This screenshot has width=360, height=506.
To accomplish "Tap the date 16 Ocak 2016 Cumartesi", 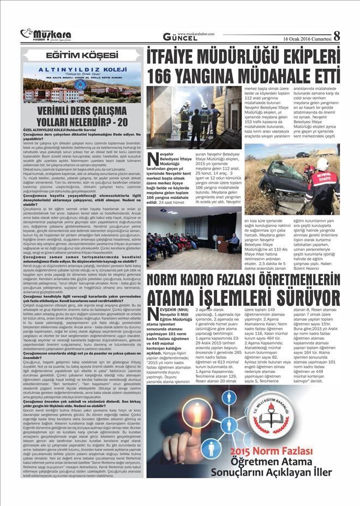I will pos(307,39).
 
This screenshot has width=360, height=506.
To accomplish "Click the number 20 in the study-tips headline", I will pos(127,121).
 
